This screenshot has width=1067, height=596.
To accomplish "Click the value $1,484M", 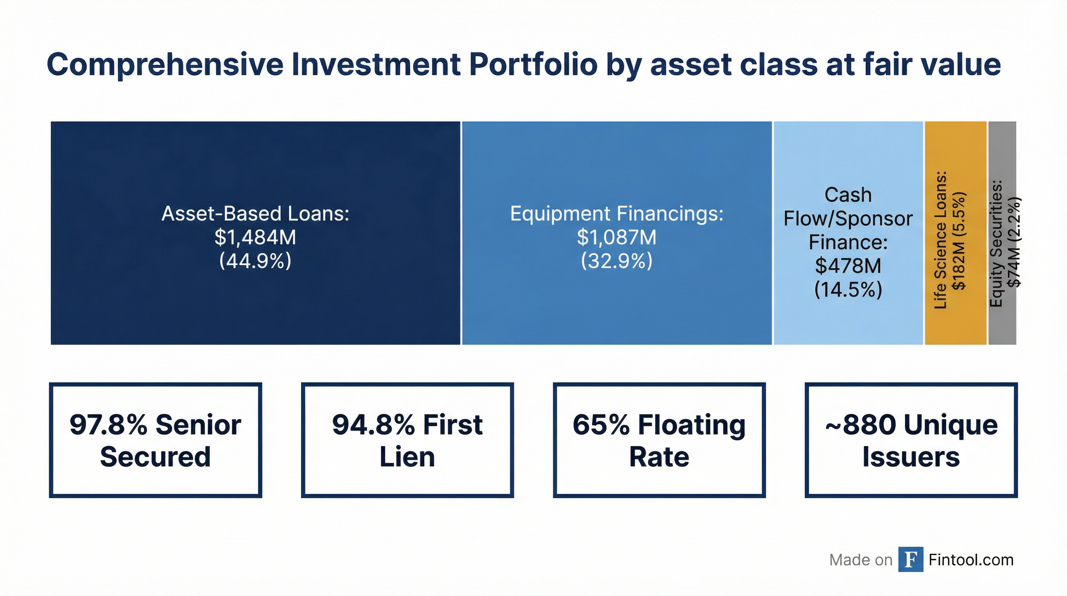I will click(255, 237).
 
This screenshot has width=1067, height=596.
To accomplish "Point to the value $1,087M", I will click(616, 237).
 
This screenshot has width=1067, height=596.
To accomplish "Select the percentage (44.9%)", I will click(255, 261).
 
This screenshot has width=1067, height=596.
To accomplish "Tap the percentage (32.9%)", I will click(616, 261).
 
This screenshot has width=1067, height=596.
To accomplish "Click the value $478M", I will click(848, 266).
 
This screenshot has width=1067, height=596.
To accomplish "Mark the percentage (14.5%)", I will click(848, 289).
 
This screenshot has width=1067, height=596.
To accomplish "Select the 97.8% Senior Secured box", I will click(155, 440).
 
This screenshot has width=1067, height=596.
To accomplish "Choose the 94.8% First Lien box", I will click(407, 440).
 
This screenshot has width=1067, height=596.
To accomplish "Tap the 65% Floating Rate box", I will click(659, 440).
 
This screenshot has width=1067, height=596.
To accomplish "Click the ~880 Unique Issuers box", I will click(911, 440).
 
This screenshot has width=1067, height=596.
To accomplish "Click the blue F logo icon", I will click(910, 560).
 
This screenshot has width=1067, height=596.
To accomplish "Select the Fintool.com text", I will click(971, 560).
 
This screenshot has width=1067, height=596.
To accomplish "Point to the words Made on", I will click(860, 560).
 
